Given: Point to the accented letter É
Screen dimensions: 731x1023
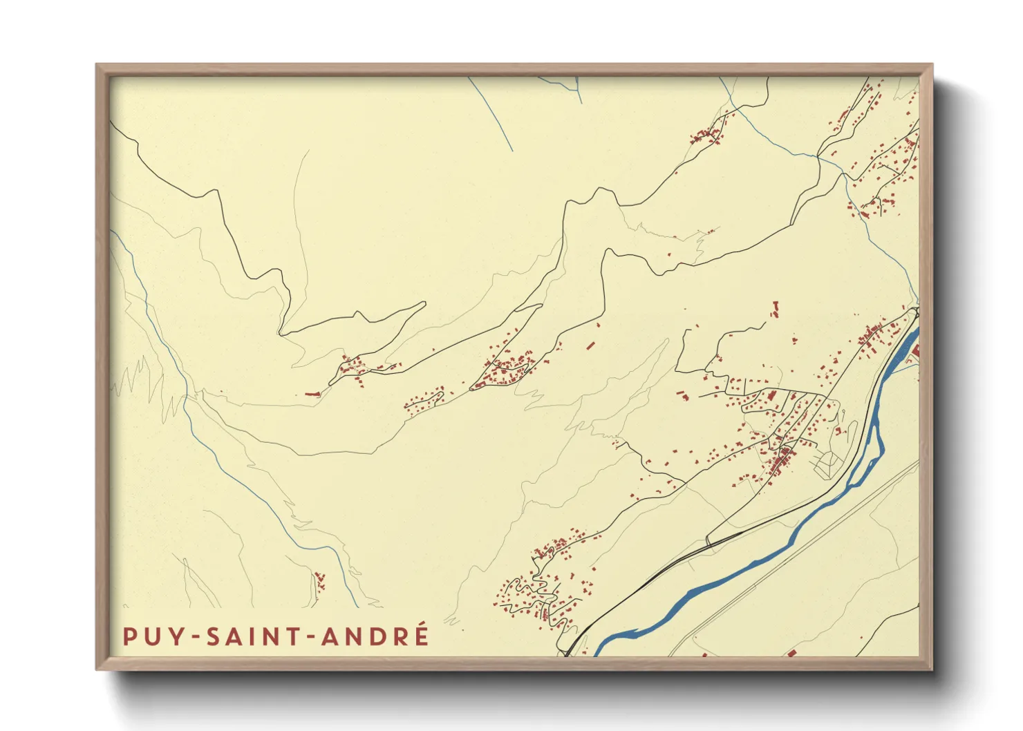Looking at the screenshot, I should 420,634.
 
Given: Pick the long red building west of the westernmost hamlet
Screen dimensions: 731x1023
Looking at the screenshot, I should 313,394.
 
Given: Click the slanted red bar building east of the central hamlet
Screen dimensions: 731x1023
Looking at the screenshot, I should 590,344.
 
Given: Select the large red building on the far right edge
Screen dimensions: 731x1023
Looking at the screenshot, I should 916,352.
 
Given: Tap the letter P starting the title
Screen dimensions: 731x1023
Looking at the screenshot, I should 129,636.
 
